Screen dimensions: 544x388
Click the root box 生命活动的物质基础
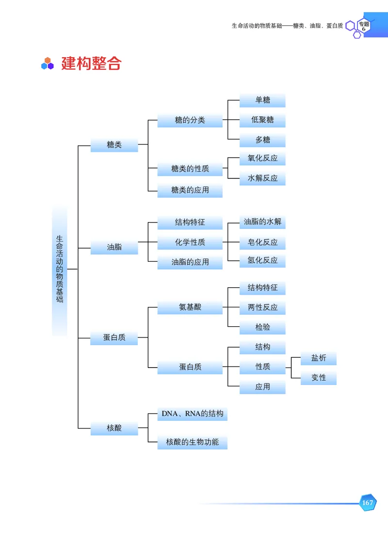60,269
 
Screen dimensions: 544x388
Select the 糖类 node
114,144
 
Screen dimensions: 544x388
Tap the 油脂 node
114,247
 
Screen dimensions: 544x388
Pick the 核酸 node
114,428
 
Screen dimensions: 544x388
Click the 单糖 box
262,100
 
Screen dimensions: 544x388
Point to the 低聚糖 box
262,120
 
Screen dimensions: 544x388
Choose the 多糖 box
262,140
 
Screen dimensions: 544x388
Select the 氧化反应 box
262,159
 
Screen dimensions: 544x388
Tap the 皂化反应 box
262,242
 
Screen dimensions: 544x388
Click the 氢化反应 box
262,260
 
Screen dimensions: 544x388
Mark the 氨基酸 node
190,307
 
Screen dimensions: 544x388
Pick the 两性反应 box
262,307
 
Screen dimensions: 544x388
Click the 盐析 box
319,358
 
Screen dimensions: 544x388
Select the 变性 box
319,378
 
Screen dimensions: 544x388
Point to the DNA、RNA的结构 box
192,414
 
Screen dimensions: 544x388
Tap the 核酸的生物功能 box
192,442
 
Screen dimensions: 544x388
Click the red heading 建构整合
91,64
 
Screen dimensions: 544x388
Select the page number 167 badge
368,503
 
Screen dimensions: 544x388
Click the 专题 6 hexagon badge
363,26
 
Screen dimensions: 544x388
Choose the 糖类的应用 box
190,190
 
